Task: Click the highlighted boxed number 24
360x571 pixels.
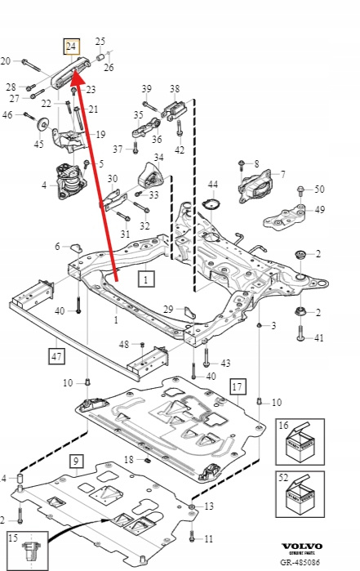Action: point(71,47)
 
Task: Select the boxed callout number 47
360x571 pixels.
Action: point(56,356)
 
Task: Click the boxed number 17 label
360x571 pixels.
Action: point(238,386)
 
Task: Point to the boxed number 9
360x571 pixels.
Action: point(76,462)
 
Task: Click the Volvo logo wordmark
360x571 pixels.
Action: point(302,546)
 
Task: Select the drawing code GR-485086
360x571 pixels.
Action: point(300,562)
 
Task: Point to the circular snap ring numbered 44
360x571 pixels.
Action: point(211,205)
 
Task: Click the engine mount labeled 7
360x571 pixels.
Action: point(256,185)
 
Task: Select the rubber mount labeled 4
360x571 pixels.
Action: point(69,181)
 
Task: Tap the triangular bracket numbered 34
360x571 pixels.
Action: point(149,176)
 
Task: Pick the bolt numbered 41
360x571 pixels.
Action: point(300,332)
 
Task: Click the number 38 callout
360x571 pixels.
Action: point(175,88)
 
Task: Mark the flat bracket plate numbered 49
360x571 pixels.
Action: point(284,218)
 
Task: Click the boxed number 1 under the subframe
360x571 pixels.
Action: point(146,279)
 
